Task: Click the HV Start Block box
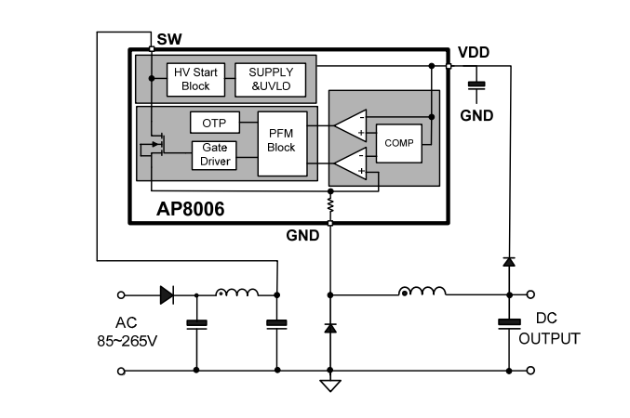[195, 80]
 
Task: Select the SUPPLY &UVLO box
[271, 80]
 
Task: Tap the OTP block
[215, 123]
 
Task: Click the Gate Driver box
[214, 155]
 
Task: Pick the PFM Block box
[282, 144]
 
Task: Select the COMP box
[399, 143]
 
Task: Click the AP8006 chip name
[191, 209]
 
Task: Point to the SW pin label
[169, 39]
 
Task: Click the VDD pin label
[474, 53]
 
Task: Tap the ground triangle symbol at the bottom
[330, 385]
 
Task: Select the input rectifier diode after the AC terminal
[167, 295]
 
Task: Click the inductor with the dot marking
[422, 292]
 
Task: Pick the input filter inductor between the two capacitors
[237, 292]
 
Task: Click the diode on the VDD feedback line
[509, 262]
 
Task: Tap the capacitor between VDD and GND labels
[476, 85]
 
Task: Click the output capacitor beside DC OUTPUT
[509, 323]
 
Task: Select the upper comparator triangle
[351, 125]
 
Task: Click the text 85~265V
[127, 341]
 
